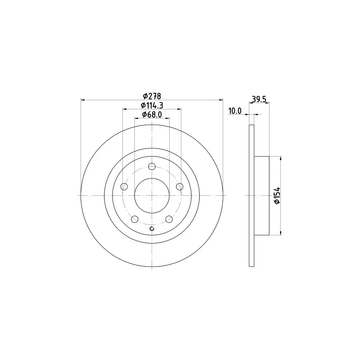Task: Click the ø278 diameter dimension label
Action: (x=152, y=96)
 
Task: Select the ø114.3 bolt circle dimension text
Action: (x=152, y=105)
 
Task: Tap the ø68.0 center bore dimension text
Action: (x=152, y=114)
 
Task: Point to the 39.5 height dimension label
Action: (x=259, y=99)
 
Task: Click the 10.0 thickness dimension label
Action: (x=235, y=111)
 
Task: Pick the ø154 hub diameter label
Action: (x=277, y=196)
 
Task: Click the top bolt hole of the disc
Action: (x=152, y=166)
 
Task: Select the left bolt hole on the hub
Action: (x=124, y=187)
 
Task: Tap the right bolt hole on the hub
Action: (x=180, y=187)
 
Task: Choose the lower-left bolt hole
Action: (x=135, y=219)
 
